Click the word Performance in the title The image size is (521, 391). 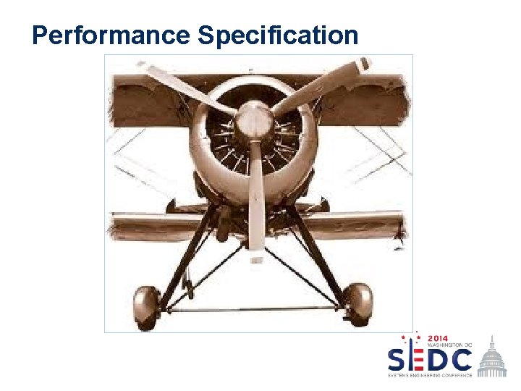(x=111, y=35)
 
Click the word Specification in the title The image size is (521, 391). (x=278, y=35)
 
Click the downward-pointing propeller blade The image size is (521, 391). (x=256, y=203)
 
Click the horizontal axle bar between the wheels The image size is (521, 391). (x=253, y=308)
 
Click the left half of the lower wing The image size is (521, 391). (x=152, y=224)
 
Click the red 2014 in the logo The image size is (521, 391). (x=438, y=338)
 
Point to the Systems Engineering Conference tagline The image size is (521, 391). (x=430, y=375)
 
